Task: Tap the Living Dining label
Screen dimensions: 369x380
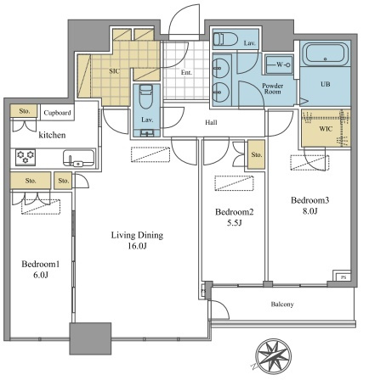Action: pos(137,235)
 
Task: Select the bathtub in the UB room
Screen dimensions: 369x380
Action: pos(326,53)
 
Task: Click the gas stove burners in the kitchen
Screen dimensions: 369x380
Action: pos(26,157)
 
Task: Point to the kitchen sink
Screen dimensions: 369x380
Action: pos(79,159)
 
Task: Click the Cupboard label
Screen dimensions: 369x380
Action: pos(57,113)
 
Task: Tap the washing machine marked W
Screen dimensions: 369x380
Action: pos(279,64)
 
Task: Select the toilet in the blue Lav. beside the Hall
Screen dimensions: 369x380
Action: pos(146,96)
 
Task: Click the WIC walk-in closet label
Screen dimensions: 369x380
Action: pos(326,129)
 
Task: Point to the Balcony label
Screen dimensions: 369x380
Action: pos(282,305)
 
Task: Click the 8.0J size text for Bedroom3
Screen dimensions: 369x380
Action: pos(309,211)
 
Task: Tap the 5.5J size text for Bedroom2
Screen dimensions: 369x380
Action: pos(235,223)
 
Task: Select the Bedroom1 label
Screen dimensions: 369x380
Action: pos(41,264)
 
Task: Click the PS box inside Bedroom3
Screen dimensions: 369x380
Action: pos(343,277)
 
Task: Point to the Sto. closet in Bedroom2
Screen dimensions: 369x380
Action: pos(257,154)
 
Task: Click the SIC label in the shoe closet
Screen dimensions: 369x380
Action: pos(114,71)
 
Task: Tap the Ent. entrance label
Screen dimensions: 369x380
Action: pos(186,73)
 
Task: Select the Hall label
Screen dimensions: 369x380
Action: pos(211,122)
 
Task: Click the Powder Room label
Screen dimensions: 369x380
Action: pos(273,88)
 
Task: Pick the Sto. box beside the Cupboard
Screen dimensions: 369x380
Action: pos(25,111)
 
